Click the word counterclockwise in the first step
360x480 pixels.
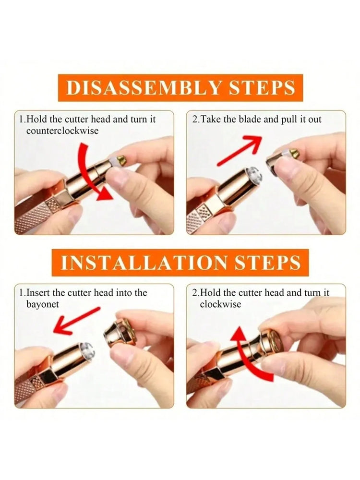point(62,131)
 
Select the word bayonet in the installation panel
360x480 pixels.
point(42,304)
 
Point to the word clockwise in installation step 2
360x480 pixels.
point(220,304)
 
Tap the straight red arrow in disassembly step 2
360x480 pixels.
point(240,150)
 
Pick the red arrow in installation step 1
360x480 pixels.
point(76,320)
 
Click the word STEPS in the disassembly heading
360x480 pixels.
point(262,88)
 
